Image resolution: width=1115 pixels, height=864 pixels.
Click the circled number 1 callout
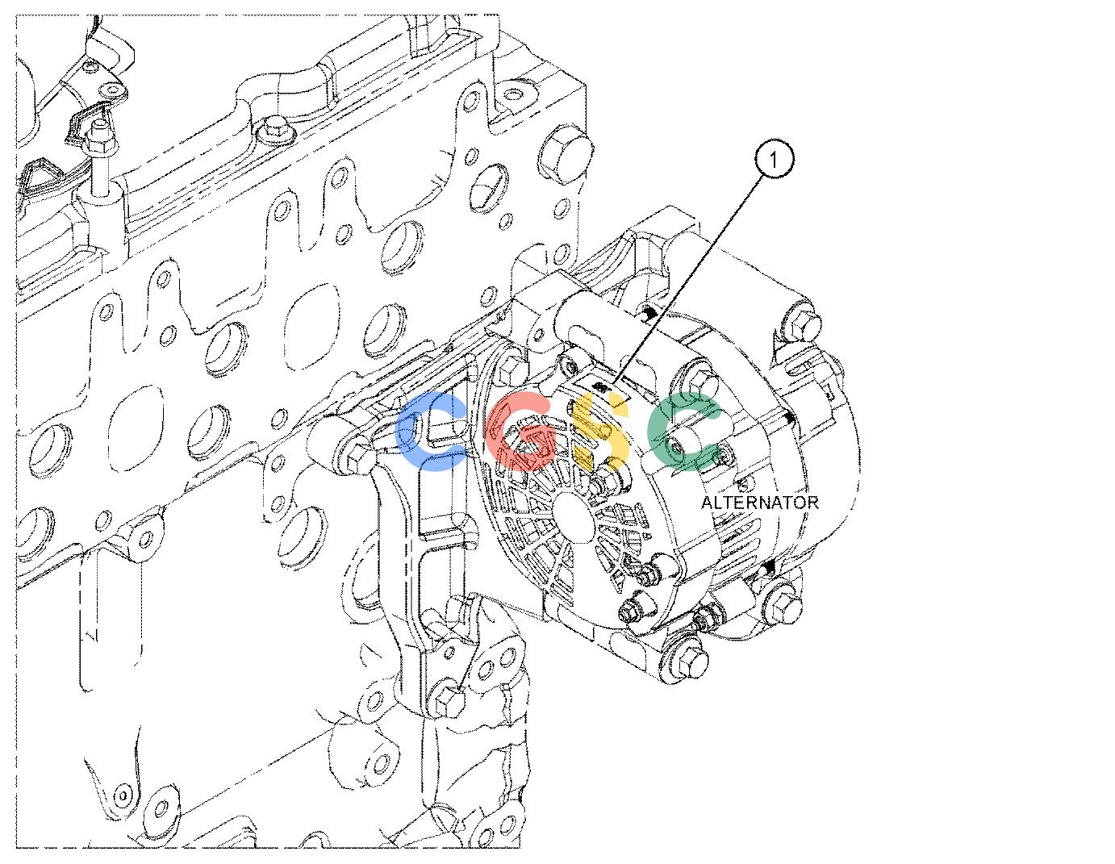click(x=773, y=160)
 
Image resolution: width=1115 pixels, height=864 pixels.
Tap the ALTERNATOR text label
click(x=760, y=503)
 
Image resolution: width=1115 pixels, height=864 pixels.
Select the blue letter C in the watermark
click(x=432, y=432)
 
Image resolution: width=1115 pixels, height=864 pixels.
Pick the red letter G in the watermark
click(x=521, y=432)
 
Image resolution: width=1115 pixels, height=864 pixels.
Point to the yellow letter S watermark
click(x=600, y=432)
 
